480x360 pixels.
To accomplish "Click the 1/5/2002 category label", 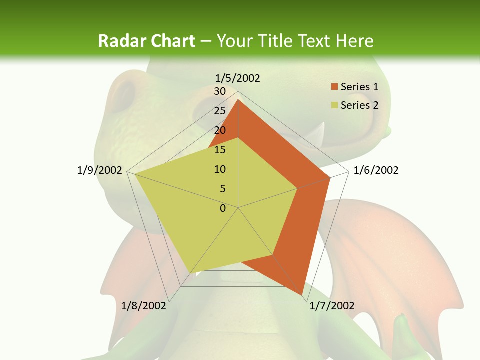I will tap(238, 78).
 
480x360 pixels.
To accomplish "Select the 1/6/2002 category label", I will tap(376, 170).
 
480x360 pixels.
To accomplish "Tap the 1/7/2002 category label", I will tap(332, 306).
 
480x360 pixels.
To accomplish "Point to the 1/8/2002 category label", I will tap(144, 306).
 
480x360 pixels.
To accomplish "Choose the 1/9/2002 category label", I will tap(100, 170).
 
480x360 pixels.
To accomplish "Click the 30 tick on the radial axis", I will tap(220, 91).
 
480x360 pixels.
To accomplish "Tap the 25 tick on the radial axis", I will tap(220, 111).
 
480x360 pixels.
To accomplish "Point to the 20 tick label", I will tap(220, 130).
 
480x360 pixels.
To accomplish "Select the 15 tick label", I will tap(220, 150).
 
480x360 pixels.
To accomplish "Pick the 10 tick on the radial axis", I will tap(220, 169).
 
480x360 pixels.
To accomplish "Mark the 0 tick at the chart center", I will tap(223, 208).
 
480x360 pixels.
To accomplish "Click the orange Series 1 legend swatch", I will tap(335, 87).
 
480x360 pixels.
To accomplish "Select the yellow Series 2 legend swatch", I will tap(335, 105).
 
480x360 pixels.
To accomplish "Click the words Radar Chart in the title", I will tap(146, 41).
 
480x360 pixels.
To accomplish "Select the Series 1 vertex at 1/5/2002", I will tap(238, 100).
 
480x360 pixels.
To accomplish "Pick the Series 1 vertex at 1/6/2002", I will tap(330, 177).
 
